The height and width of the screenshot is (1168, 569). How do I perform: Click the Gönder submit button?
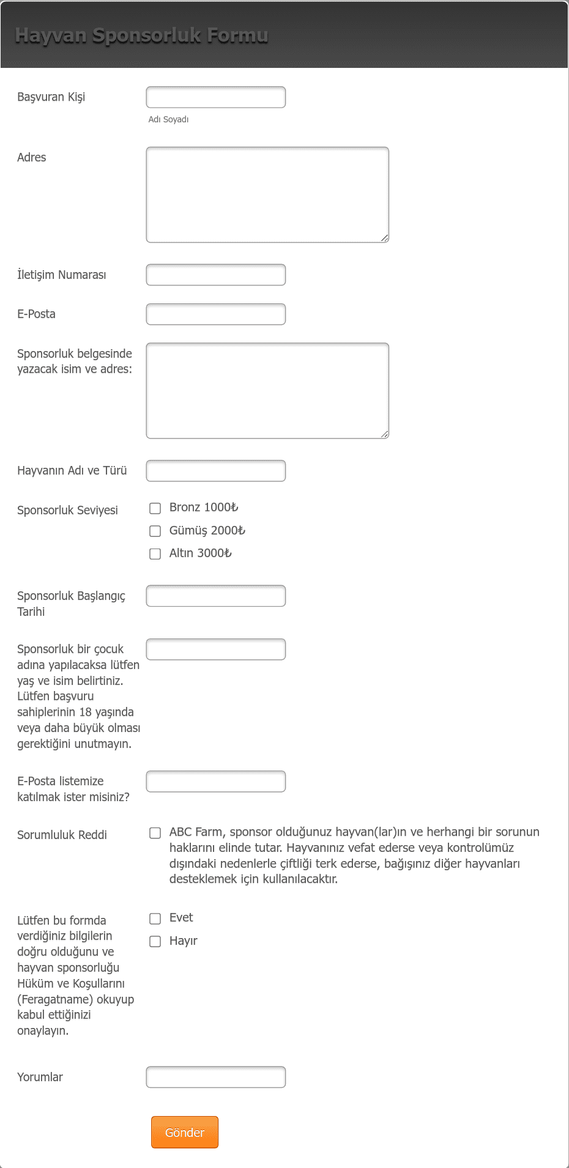184,1132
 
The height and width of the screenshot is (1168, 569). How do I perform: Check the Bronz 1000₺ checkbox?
155,508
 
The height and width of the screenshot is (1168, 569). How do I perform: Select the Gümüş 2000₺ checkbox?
155,531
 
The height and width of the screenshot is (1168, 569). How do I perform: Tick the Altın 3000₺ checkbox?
155,553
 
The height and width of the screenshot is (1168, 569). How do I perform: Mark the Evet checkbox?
155,919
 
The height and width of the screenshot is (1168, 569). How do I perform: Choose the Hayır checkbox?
155,941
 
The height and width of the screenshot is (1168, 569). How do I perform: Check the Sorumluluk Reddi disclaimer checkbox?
155,833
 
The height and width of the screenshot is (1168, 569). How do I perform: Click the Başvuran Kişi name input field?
215,97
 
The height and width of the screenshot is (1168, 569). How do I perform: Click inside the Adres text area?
267,194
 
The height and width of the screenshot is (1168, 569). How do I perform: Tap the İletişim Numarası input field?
215,275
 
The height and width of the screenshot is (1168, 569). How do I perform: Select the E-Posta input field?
215,314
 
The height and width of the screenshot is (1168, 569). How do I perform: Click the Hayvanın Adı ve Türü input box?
215,471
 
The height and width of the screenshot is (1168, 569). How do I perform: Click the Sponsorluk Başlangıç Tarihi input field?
215,596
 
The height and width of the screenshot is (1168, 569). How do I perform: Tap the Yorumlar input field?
215,1077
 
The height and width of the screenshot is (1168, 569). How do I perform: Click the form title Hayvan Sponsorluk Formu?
141,35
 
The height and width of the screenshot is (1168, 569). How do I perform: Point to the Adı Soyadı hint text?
168,119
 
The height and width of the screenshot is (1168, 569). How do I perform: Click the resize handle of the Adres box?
385,238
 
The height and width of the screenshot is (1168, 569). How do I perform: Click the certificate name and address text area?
267,391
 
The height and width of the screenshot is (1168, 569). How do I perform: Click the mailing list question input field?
215,782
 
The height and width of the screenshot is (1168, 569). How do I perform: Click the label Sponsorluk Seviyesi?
67,510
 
